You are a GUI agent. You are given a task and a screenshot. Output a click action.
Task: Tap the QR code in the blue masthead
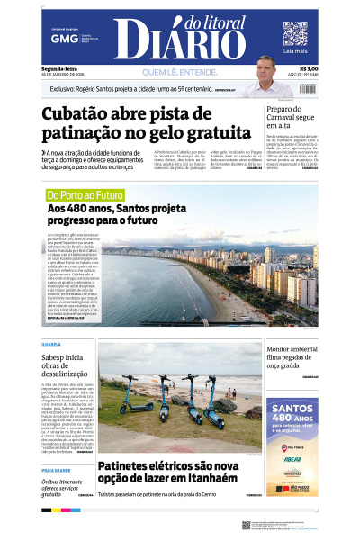[295, 33]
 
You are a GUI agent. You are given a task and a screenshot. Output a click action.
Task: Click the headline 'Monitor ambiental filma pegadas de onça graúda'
[291, 356]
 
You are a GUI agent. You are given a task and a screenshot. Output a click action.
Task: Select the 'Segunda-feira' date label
[58, 68]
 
